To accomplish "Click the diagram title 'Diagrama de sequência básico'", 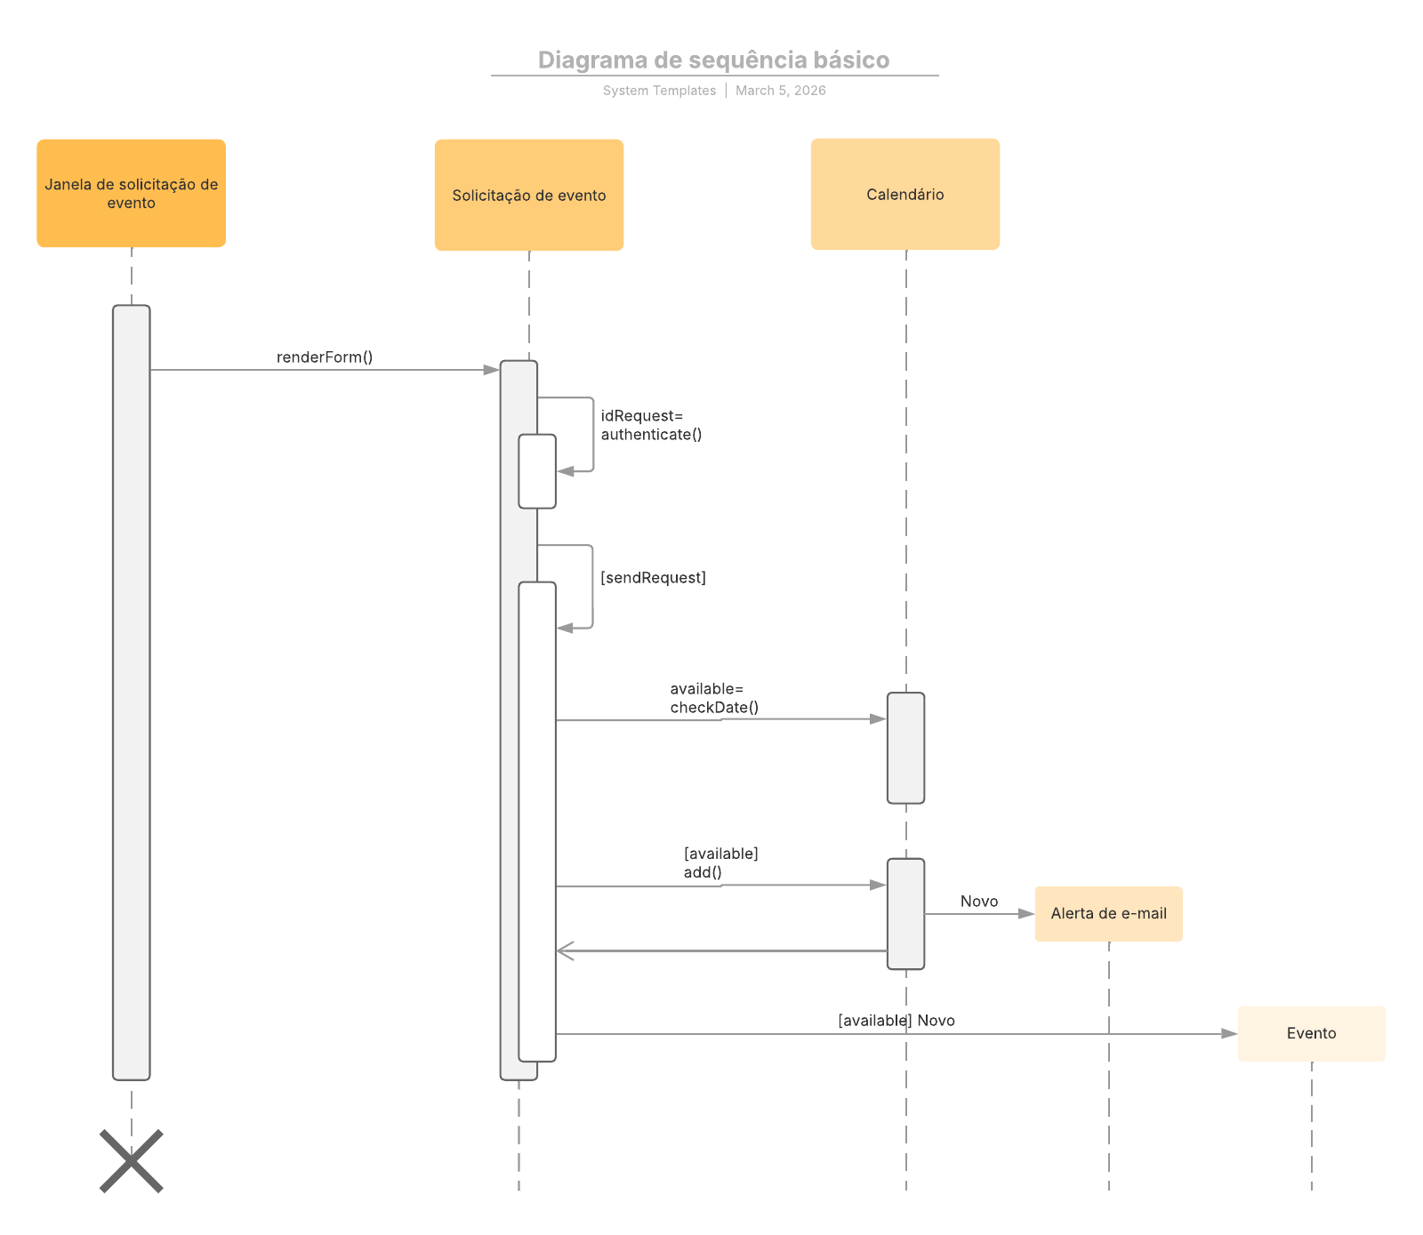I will [x=713, y=60].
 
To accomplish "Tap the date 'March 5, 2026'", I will [x=780, y=91].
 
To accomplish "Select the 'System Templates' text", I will [x=659, y=91].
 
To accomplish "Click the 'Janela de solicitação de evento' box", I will [x=131, y=193].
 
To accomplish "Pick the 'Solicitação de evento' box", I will [x=528, y=195].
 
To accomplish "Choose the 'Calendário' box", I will [x=904, y=194].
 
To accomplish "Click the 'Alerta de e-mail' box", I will [x=1108, y=913].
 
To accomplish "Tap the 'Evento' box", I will [x=1311, y=1033].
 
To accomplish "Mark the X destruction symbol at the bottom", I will [x=131, y=1160].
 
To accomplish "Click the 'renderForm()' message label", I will [x=324, y=357].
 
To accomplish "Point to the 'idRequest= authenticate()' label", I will [x=650, y=425].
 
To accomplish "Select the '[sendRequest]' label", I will [x=653, y=578].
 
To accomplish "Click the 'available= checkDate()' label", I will [x=713, y=698].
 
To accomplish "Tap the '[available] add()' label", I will [x=720, y=862].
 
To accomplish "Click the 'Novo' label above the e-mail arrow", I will [x=978, y=902].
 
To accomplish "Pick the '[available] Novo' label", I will [x=896, y=1021].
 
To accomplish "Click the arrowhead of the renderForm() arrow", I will [x=491, y=370].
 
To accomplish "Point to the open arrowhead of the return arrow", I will [x=565, y=951].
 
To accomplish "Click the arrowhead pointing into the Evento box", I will [x=1229, y=1033].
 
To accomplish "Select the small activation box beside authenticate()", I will [x=537, y=471].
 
